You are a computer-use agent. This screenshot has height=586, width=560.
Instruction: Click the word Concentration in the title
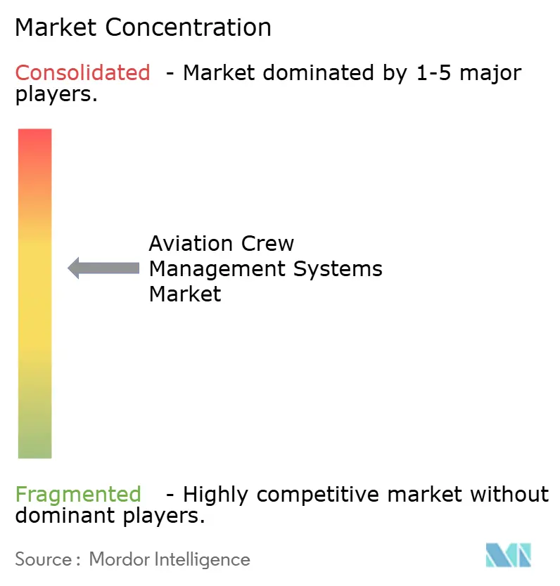pos(190,27)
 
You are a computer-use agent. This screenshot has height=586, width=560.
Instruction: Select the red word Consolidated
pos(83,72)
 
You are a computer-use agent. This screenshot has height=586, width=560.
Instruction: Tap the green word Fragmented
pos(78,494)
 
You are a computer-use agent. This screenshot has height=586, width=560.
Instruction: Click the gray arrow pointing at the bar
pos(103,268)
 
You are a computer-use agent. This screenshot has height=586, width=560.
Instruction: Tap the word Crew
pos(267,244)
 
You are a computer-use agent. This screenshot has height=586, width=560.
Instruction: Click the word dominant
pos(57,516)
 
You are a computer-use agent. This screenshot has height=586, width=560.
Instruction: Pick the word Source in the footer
pos(42,559)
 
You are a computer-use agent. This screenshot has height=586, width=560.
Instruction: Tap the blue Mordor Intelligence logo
pos(508,555)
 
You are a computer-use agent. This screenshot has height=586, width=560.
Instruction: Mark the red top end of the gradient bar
pos(34,137)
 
